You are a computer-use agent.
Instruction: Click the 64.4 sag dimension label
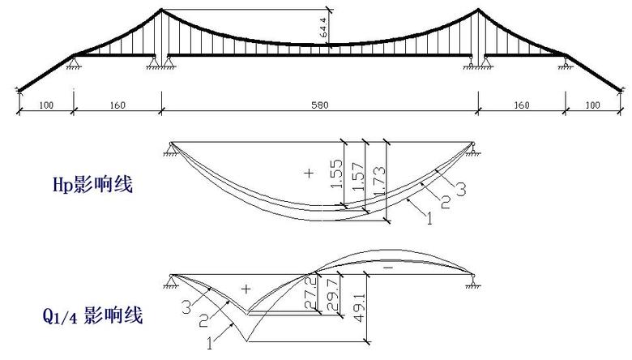click(x=324, y=28)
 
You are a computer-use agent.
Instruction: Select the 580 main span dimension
click(x=319, y=105)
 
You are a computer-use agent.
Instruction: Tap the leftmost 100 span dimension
click(x=46, y=105)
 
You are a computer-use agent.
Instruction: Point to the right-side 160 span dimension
click(x=522, y=105)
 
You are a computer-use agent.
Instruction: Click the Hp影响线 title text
click(x=92, y=185)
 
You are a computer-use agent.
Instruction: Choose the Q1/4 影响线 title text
click(x=92, y=315)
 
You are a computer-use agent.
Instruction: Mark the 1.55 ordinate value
click(x=336, y=174)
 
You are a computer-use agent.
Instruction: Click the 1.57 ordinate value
click(x=358, y=177)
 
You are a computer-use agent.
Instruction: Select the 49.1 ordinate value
click(x=359, y=307)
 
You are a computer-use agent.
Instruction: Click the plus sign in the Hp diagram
click(x=309, y=174)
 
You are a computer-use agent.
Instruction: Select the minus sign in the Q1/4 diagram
click(x=388, y=268)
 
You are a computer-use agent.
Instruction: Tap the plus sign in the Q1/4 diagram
click(x=246, y=289)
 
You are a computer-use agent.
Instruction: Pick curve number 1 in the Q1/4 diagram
click(x=209, y=344)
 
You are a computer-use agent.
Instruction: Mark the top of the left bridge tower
click(x=161, y=9)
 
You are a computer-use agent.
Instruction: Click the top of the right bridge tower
click(x=478, y=9)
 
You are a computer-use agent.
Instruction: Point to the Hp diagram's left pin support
click(x=171, y=149)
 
